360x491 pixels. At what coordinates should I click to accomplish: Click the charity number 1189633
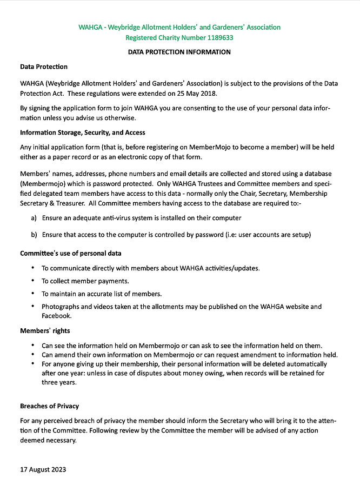click(x=217, y=38)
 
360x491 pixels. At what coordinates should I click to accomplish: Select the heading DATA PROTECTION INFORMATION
click(x=179, y=52)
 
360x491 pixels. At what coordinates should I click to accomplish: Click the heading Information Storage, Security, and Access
click(x=83, y=132)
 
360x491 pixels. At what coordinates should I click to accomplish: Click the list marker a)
click(x=34, y=217)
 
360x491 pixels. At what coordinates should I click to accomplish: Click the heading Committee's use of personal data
click(x=71, y=253)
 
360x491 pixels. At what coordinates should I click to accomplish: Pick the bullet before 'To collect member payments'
click(x=33, y=281)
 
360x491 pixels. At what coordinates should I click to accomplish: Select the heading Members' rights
click(x=45, y=331)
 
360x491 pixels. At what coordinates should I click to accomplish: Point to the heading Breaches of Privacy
click(x=50, y=406)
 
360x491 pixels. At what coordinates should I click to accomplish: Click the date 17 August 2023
click(x=43, y=469)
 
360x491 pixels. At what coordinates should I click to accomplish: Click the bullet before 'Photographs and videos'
click(x=33, y=307)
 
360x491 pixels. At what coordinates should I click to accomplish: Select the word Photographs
click(x=61, y=307)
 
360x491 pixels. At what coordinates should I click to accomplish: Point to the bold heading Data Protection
click(x=44, y=67)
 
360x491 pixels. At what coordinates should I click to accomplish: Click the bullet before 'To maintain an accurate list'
click(x=33, y=294)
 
